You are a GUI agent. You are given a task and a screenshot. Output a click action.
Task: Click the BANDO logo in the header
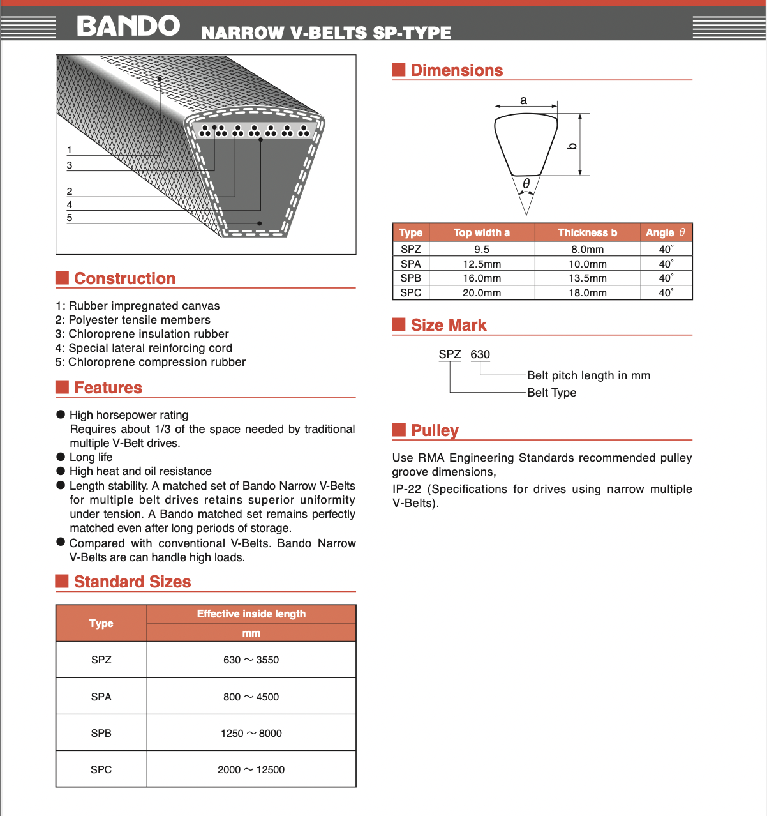click(x=128, y=26)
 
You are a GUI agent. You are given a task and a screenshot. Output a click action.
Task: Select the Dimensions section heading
click(x=456, y=70)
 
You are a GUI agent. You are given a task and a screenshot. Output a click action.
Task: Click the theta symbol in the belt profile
click(x=526, y=184)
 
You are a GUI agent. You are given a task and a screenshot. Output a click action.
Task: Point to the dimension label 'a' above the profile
click(x=524, y=100)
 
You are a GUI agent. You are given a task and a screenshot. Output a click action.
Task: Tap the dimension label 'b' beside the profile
click(x=572, y=146)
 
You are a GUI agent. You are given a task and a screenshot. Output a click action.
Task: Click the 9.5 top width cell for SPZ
click(x=482, y=250)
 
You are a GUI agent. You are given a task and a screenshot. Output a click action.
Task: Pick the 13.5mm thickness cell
click(x=587, y=278)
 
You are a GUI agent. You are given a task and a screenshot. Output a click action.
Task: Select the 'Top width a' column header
click(x=482, y=232)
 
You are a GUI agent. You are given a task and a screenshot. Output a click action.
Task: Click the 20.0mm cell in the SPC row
click(x=482, y=293)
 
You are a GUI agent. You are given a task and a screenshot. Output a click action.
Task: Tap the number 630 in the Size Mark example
click(x=480, y=354)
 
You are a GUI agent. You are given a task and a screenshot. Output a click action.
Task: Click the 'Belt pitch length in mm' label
click(x=588, y=375)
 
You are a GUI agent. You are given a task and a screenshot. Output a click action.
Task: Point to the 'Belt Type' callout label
click(x=551, y=393)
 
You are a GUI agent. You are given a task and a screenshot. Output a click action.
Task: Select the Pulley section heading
click(x=435, y=430)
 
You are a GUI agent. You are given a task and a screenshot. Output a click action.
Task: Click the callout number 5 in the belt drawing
click(x=70, y=218)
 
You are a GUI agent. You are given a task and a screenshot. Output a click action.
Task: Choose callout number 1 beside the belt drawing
click(x=70, y=150)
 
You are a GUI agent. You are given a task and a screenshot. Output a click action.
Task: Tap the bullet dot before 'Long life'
click(x=61, y=457)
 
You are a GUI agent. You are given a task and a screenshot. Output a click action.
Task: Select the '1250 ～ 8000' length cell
click(x=251, y=733)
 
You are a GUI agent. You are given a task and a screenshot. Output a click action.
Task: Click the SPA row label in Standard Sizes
click(x=101, y=697)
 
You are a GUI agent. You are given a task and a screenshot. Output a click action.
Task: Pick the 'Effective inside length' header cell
click(x=251, y=614)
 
